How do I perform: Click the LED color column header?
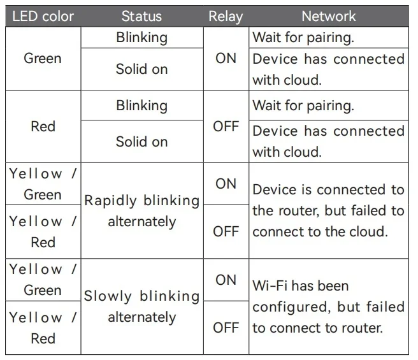[43, 17]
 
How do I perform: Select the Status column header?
[141, 17]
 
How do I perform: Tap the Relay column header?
[226, 17]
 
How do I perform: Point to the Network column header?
[329, 17]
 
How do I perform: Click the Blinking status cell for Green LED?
[142, 38]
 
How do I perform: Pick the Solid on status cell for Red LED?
[142, 141]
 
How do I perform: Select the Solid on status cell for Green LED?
[142, 69]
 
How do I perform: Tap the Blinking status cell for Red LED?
[142, 106]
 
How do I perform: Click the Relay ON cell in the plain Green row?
[226, 59]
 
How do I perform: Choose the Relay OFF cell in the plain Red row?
[226, 126]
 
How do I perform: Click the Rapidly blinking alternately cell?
[142, 211]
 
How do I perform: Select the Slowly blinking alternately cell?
[142, 306]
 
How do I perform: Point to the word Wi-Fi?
[270, 285]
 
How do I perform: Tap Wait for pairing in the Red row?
[303, 106]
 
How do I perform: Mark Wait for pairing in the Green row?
[303, 38]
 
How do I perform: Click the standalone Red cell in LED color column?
[43, 126]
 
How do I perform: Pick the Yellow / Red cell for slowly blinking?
[43, 328]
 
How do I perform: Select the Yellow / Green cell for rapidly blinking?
[43, 184]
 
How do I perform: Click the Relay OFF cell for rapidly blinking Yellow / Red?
[226, 231]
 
